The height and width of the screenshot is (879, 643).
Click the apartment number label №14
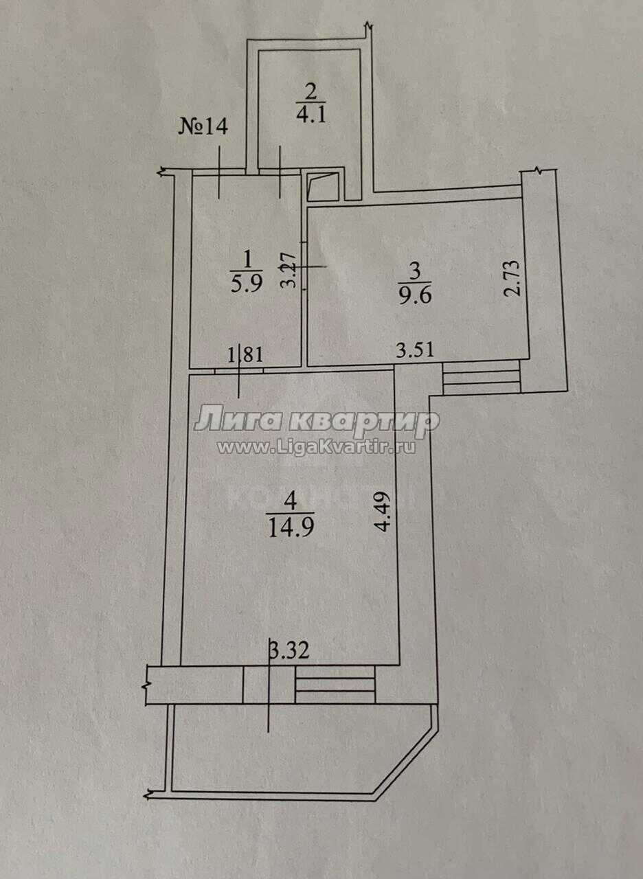[203, 127]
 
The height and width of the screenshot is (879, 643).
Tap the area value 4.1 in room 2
[311, 115]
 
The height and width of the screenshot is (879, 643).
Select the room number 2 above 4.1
[311, 93]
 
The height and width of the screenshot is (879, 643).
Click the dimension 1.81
[245, 356]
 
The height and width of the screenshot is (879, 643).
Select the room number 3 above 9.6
[416, 271]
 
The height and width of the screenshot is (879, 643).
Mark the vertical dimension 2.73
[513, 278]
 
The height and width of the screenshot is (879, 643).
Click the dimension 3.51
[415, 350]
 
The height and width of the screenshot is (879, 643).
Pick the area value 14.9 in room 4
[291, 529]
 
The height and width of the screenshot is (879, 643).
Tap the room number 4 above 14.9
[291, 501]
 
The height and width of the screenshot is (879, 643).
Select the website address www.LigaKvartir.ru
[317, 447]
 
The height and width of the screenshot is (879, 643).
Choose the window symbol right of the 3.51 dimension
[482, 378]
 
